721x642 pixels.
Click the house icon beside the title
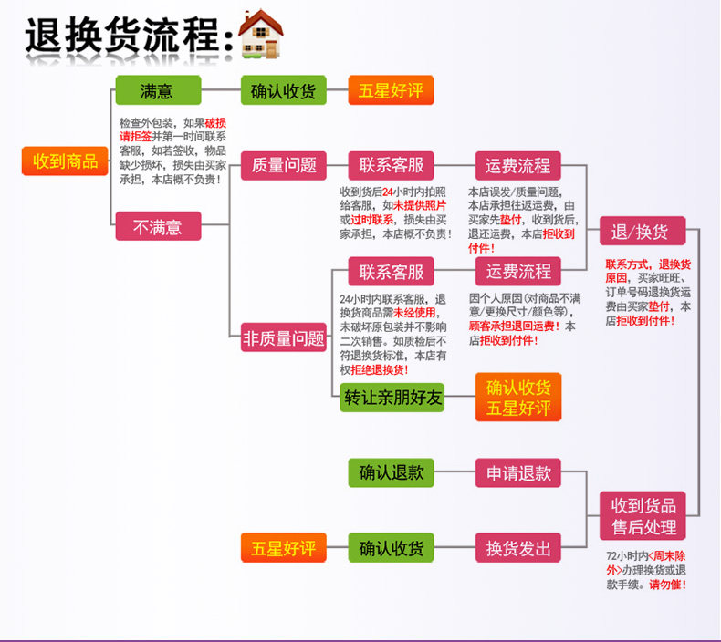pyautogui.click(x=261, y=35)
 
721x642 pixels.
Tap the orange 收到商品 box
pyautogui.click(x=65, y=161)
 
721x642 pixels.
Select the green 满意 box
pyautogui.click(x=158, y=90)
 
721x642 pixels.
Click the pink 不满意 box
pyautogui.click(x=158, y=226)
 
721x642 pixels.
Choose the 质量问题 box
pyautogui.click(x=284, y=165)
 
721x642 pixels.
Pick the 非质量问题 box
pyautogui.click(x=284, y=337)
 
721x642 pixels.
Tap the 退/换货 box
pyautogui.click(x=643, y=231)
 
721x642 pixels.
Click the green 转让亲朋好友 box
pyautogui.click(x=392, y=397)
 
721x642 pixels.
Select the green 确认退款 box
pyautogui.click(x=391, y=473)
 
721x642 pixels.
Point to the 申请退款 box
pyautogui.click(x=518, y=473)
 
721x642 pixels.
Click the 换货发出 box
pyautogui.click(x=518, y=548)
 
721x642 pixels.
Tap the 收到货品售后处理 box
pyautogui.click(x=643, y=515)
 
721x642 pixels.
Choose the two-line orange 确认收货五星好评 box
pyautogui.click(x=518, y=397)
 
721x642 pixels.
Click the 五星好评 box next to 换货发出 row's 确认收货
pyautogui.click(x=284, y=548)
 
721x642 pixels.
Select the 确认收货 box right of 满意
pyautogui.click(x=284, y=90)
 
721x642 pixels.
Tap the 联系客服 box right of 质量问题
pyautogui.click(x=391, y=165)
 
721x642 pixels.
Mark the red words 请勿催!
pyautogui.click(x=668, y=585)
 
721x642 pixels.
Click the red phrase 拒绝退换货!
pyautogui.click(x=380, y=370)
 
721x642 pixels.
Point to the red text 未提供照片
pyautogui.click(x=420, y=206)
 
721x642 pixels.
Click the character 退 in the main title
pyautogui.click(x=44, y=36)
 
